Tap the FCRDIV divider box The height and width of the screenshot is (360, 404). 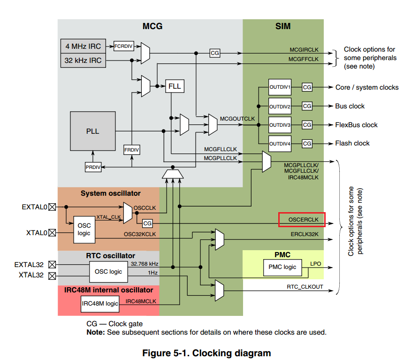pos(124,46)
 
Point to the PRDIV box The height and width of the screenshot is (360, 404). pos(93,167)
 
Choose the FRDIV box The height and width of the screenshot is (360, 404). pos(132,150)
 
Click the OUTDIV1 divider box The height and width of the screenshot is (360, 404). pos(280,87)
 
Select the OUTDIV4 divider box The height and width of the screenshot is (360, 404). pos(280,143)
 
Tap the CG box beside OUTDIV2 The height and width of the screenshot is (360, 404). pos(307,106)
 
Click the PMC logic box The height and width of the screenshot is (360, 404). pos(282,267)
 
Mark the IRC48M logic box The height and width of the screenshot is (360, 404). pos(100,304)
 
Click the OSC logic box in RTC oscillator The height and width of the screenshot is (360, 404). pos(108,271)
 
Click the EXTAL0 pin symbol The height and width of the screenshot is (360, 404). pos(52,207)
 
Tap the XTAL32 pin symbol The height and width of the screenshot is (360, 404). pos(52,276)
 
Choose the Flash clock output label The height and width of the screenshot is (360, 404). pos(352,143)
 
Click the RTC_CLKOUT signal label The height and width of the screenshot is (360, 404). pos(305,286)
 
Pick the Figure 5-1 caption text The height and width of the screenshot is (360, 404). pos(206,353)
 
